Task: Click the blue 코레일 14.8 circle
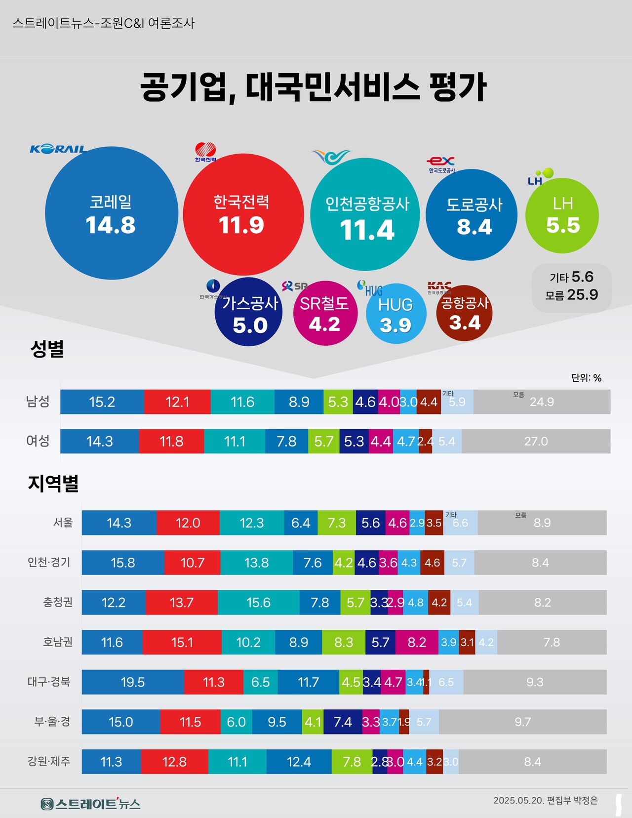click(111, 213)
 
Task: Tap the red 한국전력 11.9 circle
click(242, 214)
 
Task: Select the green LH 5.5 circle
click(562, 216)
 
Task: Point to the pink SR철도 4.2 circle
click(325, 314)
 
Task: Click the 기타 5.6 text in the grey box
click(572, 277)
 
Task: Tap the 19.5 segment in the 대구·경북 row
click(133, 682)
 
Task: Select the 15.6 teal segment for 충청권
click(258, 603)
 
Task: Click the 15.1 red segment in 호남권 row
click(182, 642)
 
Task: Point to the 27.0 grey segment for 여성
click(536, 441)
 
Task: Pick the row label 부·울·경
click(52, 722)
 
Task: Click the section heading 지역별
click(53, 483)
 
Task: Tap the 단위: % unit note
click(586, 378)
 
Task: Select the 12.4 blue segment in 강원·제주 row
click(299, 762)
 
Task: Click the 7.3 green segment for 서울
click(337, 523)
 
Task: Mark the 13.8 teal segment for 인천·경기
click(256, 563)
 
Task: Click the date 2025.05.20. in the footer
click(518, 801)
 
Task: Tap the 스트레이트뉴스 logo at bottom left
click(90, 804)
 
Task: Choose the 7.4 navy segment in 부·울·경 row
click(342, 722)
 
